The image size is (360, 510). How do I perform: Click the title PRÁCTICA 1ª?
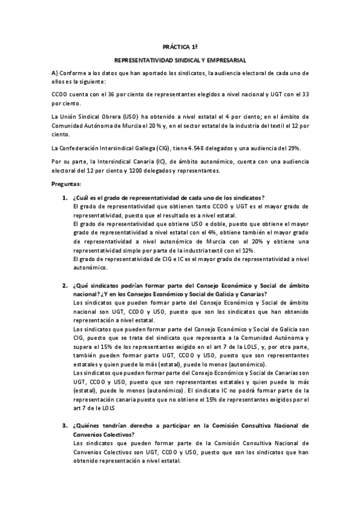180,45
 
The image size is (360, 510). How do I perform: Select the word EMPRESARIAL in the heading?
230,60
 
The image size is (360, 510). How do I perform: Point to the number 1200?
136,170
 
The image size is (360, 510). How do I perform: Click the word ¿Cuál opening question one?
81,198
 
